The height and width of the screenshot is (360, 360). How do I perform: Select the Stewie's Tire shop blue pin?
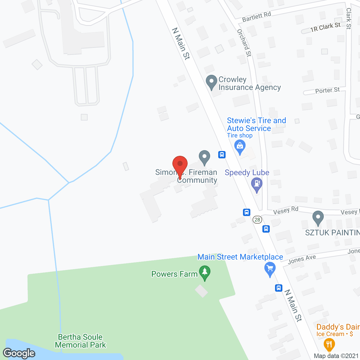click(x=240, y=147)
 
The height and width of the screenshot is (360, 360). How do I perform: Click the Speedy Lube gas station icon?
click(x=256, y=184)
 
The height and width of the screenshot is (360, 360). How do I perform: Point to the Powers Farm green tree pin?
click(x=205, y=272)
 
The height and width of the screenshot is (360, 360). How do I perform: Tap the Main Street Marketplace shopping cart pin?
click(x=270, y=269)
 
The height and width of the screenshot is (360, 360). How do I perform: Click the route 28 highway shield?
click(x=257, y=219)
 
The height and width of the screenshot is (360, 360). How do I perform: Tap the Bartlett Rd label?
click(x=256, y=17)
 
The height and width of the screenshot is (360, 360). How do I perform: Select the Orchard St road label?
click(x=244, y=43)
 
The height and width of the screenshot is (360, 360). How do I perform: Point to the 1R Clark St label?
click(x=325, y=27)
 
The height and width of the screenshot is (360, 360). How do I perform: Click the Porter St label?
click(x=327, y=90)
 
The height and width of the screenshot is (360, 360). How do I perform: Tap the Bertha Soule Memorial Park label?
click(x=80, y=341)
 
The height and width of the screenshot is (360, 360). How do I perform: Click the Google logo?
click(x=19, y=353)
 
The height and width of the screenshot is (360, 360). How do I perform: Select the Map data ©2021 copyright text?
click(x=336, y=356)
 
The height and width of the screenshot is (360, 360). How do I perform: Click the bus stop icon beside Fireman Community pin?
click(x=222, y=154)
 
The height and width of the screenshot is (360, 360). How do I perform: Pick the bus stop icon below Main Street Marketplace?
click(x=279, y=288)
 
